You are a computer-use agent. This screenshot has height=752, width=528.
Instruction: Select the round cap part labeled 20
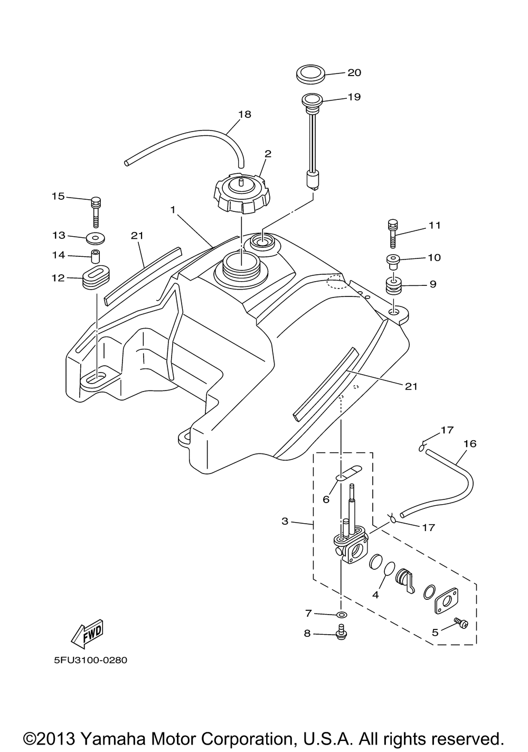(311, 73)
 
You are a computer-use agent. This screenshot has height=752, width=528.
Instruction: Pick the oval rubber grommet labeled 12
(95, 278)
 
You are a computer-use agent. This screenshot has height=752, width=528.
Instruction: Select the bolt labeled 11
(392, 232)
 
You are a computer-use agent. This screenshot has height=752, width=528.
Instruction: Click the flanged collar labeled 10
(392, 261)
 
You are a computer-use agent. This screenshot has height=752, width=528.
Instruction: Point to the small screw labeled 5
(461, 624)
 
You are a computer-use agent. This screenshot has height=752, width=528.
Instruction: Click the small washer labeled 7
(341, 615)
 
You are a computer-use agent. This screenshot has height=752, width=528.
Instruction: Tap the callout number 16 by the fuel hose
(469, 443)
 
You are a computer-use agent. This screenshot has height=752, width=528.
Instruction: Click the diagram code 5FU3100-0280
(90, 660)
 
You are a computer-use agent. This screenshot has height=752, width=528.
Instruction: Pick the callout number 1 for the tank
(172, 210)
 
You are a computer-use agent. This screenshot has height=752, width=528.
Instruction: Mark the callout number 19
(354, 97)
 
